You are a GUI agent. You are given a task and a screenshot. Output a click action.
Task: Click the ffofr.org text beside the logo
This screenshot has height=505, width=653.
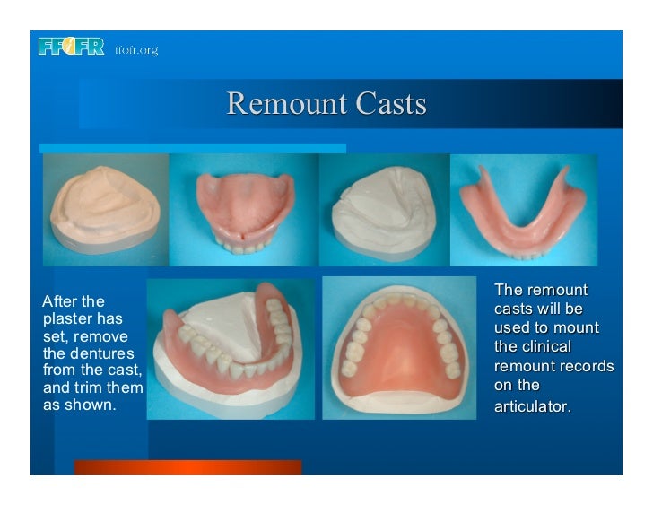[x=135, y=50]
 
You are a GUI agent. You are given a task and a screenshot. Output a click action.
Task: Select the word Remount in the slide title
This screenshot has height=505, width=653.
[x=286, y=104]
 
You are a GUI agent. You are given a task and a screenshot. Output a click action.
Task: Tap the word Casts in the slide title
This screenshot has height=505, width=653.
[x=389, y=104]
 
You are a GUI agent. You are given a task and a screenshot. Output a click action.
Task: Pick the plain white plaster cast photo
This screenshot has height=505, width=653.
[x=382, y=208]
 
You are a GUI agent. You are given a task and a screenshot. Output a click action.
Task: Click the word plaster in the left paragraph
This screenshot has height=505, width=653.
[x=66, y=319]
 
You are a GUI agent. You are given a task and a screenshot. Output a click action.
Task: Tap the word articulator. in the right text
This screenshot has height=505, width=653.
[x=532, y=406]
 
